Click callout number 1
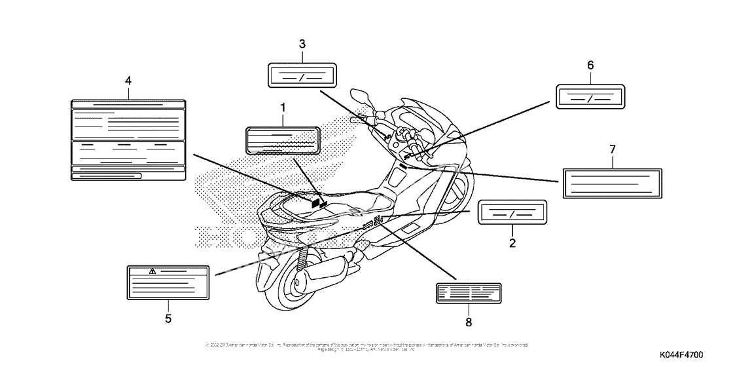click(283, 106)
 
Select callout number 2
click(512, 243)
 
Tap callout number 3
click(302, 44)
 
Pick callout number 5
click(168, 319)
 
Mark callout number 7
click(613, 149)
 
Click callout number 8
click(469, 321)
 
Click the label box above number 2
click(512, 214)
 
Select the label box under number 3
click(302, 75)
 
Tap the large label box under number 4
click(128, 140)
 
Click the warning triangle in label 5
click(152, 271)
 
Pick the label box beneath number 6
click(590, 96)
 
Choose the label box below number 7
click(613, 182)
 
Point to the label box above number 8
click(469, 293)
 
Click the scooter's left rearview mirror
click(362, 96)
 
